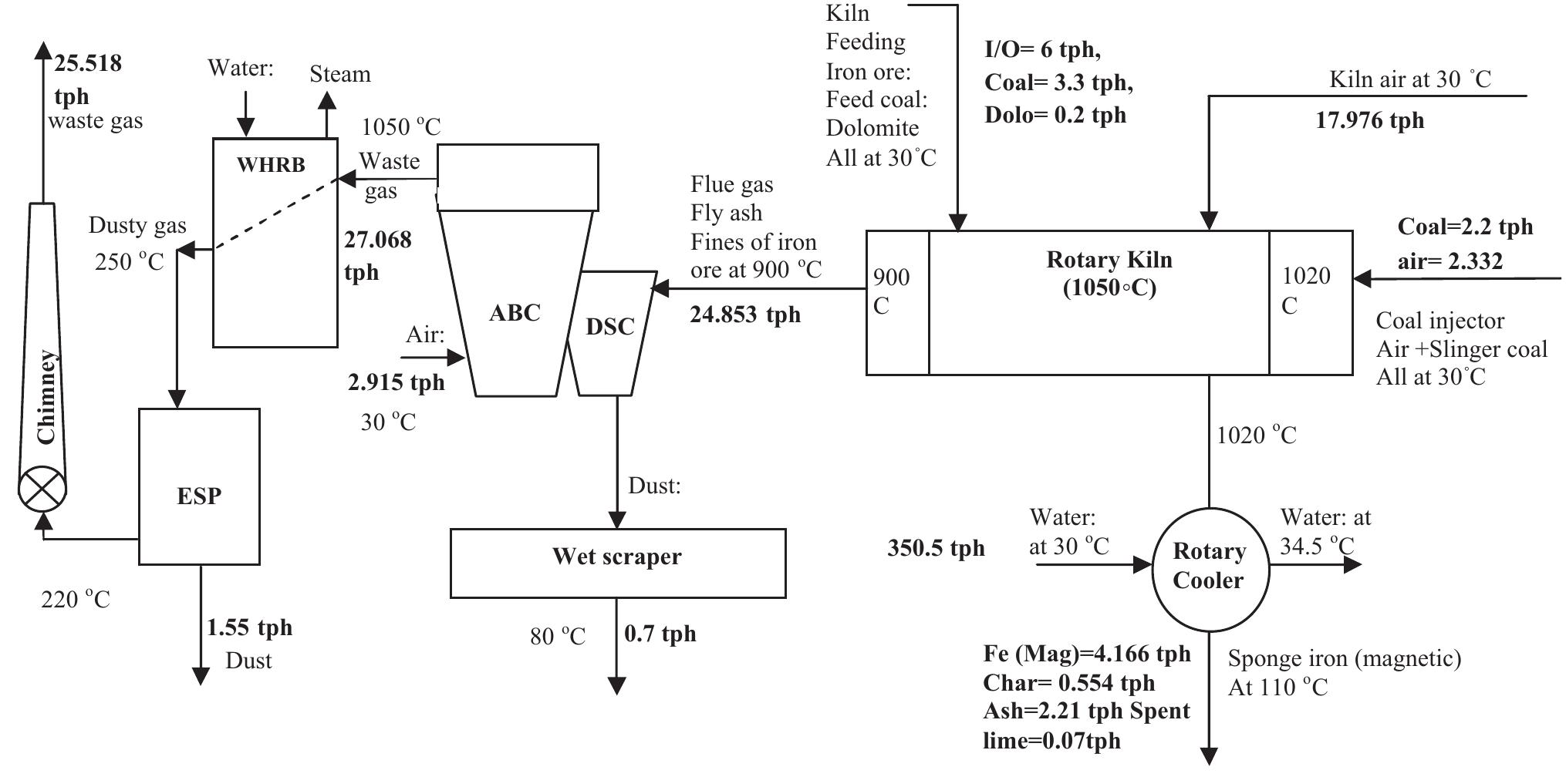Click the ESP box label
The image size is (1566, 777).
click(x=199, y=496)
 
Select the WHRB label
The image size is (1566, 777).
click(x=271, y=165)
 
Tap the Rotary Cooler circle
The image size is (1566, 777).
click(x=1209, y=567)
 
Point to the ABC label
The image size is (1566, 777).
click(x=515, y=314)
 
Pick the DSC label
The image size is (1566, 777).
click(x=609, y=327)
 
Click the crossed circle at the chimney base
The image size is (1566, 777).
click(x=42, y=489)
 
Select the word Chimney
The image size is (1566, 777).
click(x=47, y=396)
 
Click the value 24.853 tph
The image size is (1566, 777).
click(x=745, y=314)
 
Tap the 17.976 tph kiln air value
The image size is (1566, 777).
click(x=1369, y=120)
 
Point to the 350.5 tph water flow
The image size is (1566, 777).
click(x=936, y=548)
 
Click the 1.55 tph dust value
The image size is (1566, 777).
click(x=249, y=627)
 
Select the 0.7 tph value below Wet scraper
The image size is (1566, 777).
click(x=660, y=634)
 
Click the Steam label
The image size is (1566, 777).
click(x=340, y=74)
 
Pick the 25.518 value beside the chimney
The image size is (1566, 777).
click(x=88, y=63)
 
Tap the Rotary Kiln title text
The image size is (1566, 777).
click(x=1109, y=260)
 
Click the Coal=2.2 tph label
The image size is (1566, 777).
click(x=1465, y=227)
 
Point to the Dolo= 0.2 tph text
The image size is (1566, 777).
click(x=1055, y=115)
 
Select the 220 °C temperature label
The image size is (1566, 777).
click(x=76, y=599)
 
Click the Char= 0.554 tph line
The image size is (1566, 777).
click(x=1068, y=683)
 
